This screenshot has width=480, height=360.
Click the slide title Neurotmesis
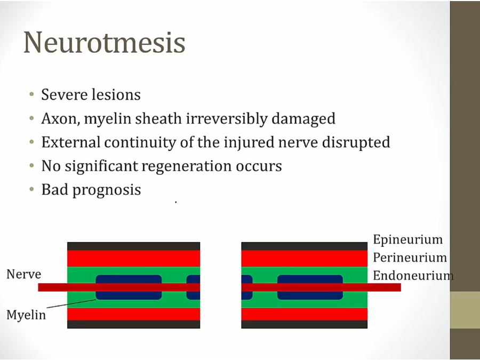[x=105, y=42]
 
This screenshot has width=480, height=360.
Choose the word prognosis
[x=107, y=190]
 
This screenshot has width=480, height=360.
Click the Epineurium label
[x=408, y=239]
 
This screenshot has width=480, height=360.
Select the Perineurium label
[x=410, y=258]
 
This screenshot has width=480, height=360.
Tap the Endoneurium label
[x=413, y=276]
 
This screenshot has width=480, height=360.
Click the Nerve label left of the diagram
[x=23, y=274]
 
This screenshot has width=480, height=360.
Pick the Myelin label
[x=26, y=315]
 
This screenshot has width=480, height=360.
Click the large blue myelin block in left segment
[x=129, y=287]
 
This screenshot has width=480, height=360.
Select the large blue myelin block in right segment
[x=310, y=287]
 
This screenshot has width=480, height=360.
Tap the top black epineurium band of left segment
[x=133, y=246]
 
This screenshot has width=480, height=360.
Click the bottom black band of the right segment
[x=305, y=324]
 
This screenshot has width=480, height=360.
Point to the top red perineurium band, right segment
[x=305, y=258]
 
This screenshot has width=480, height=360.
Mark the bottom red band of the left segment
[x=133, y=314]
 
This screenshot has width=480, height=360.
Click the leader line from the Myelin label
[x=71, y=303]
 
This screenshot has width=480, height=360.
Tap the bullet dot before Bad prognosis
[x=31, y=189]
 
